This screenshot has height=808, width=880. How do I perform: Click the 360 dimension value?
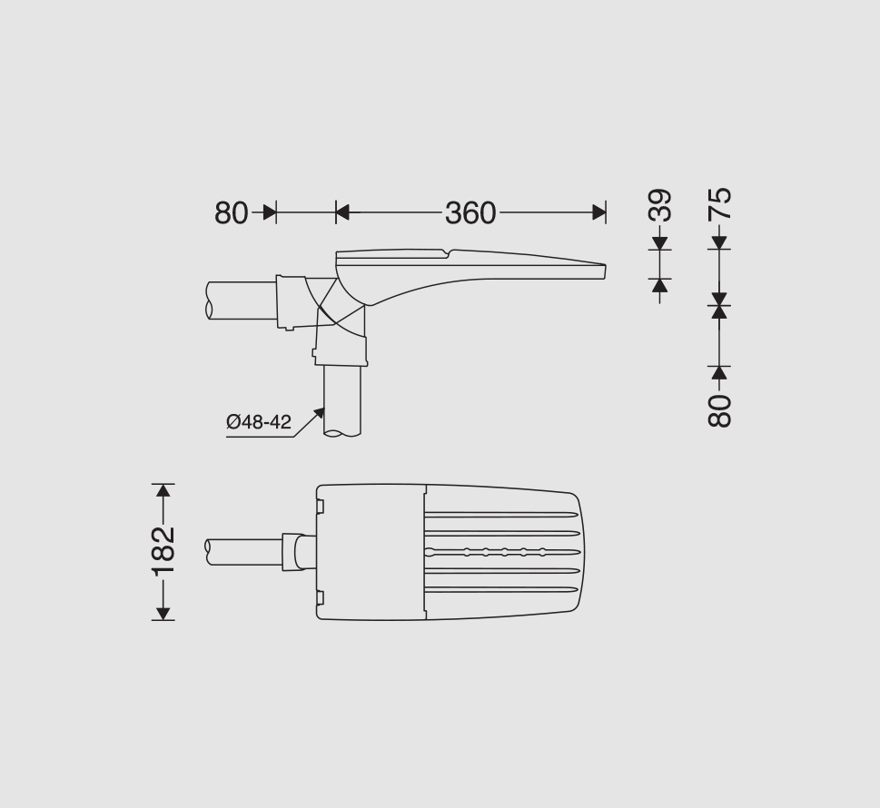(470, 213)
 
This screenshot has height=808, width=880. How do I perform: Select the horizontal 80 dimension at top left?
(232, 213)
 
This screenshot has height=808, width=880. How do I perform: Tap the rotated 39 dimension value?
(660, 205)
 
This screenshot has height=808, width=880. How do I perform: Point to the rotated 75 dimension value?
(719, 203)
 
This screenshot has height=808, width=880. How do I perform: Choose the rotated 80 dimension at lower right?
(719, 410)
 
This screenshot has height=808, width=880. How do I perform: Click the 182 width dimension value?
(163, 552)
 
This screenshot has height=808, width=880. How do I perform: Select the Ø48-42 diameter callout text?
(259, 421)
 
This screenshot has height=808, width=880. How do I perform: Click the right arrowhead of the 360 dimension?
(598, 212)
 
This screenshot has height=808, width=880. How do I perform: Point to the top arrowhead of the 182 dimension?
(163, 490)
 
